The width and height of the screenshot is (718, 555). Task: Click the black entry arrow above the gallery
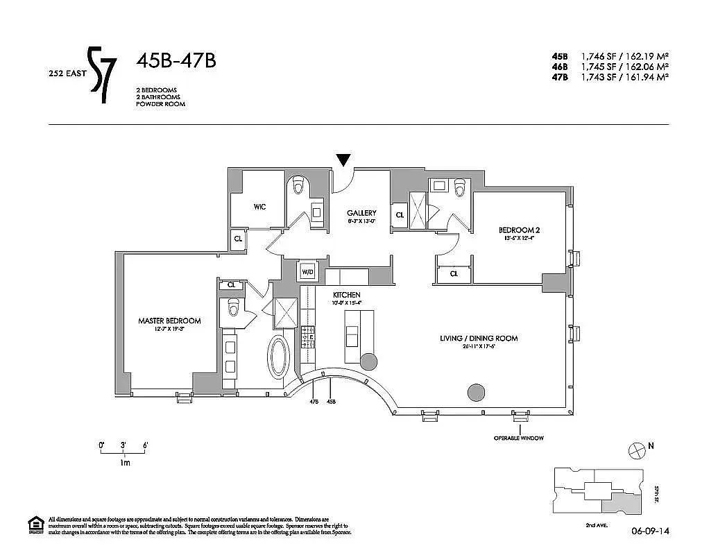point(343,160)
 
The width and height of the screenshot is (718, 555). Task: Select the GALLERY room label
point(362,213)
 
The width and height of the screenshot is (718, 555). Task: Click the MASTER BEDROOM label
point(169,321)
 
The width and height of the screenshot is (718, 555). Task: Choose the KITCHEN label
point(346,295)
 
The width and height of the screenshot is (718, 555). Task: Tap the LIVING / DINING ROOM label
point(479,339)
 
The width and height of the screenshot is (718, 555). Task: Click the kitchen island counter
point(359,335)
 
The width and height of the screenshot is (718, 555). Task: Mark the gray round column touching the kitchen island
point(368,361)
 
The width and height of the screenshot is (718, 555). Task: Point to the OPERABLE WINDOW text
point(518,438)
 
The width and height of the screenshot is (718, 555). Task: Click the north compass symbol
point(635,450)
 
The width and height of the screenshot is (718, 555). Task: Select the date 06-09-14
point(649,533)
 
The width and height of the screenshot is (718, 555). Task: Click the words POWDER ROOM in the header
point(161,104)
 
